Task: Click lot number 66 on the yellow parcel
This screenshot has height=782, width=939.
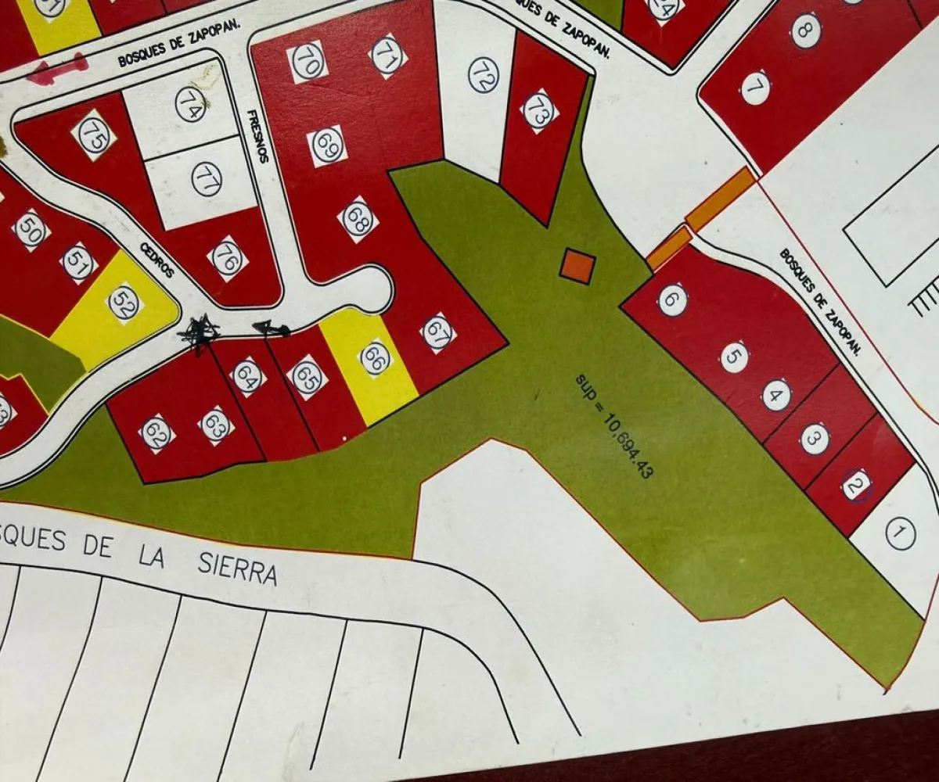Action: click(x=375, y=357)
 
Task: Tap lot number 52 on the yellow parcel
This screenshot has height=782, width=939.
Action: click(x=124, y=303)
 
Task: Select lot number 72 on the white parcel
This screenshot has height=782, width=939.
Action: click(x=484, y=74)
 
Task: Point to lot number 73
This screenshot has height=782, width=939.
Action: click(x=538, y=111)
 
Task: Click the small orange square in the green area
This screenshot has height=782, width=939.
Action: click(x=577, y=265)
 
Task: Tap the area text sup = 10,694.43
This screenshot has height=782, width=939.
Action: click(x=614, y=425)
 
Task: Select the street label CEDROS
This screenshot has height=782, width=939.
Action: click(x=157, y=259)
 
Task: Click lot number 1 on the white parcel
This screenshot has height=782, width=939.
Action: click(x=900, y=534)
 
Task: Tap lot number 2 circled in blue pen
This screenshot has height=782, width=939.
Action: click(x=857, y=486)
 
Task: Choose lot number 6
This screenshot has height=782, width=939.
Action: click(x=672, y=300)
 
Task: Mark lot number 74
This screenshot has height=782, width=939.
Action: click(x=190, y=104)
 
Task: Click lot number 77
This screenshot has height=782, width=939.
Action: click(x=207, y=179)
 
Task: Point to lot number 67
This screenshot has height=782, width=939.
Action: click(x=438, y=332)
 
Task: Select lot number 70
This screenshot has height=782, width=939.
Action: click(x=308, y=62)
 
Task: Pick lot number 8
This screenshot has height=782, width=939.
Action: click(x=805, y=30)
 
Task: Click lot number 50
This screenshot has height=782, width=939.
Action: click(x=31, y=230)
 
